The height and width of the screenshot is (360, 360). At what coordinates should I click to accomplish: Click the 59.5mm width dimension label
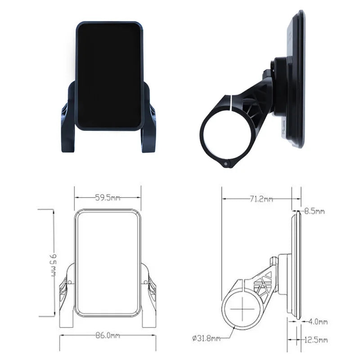[x=107, y=197]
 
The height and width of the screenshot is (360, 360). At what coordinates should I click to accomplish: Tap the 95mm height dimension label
[x=53, y=263]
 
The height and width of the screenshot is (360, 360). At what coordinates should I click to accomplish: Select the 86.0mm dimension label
[x=107, y=335]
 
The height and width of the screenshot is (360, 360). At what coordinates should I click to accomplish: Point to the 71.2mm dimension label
[x=261, y=198]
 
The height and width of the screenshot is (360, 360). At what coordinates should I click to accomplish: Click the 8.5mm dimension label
[x=315, y=211]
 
